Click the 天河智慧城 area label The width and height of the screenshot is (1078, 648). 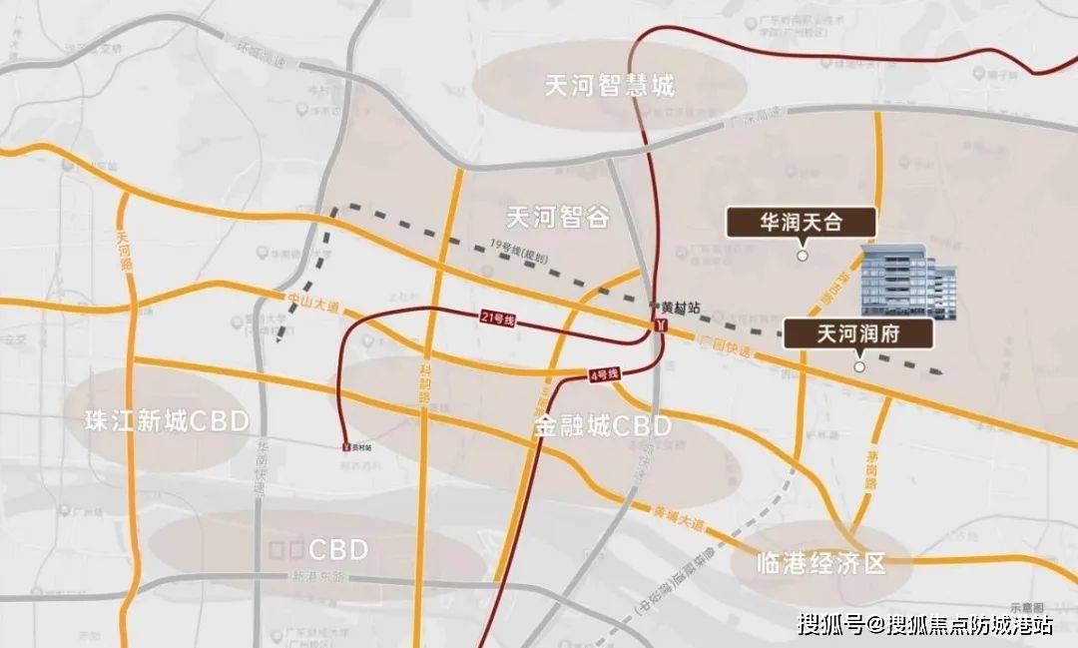tap(610, 86)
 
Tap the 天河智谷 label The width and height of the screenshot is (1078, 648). tap(558, 217)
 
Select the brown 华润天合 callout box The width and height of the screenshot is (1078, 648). tap(802, 222)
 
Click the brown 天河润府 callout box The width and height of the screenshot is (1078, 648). tap(858, 333)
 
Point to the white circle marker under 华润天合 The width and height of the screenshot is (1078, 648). tap(802, 257)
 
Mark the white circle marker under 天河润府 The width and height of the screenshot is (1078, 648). tap(859, 367)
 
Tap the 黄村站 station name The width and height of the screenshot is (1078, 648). tap(676, 309)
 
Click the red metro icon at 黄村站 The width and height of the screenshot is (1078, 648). tap(660, 325)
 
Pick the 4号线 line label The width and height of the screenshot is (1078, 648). tap(603, 374)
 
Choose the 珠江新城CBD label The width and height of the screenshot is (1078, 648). tap(167, 420)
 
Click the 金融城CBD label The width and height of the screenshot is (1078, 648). tap(602, 427)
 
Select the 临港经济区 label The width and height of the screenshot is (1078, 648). tap(821, 563)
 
